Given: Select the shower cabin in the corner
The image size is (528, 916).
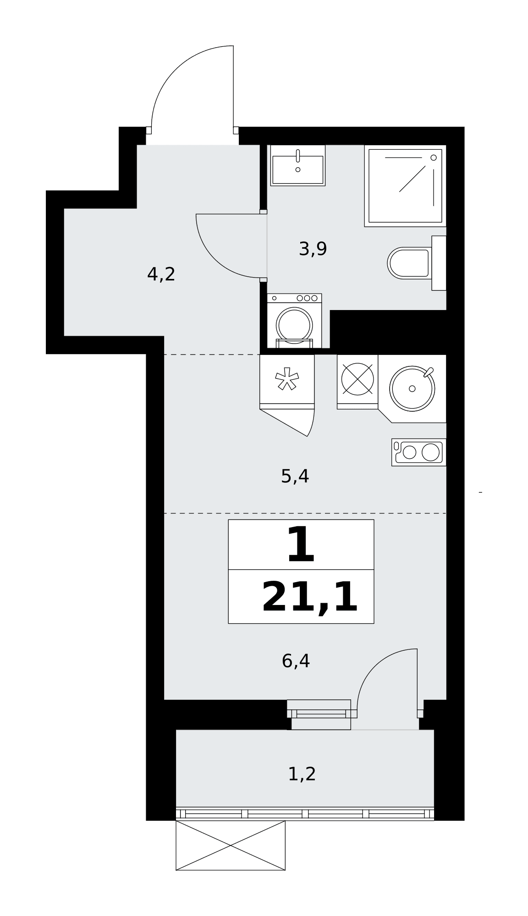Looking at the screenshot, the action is tap(405, 185).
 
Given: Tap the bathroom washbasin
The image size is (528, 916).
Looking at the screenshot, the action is tap(298, 165).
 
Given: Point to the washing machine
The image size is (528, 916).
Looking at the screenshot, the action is tap(294, 321).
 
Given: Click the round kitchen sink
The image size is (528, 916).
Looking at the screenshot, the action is tap(412, 388).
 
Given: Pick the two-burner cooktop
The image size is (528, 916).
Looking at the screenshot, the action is tap(419, 453).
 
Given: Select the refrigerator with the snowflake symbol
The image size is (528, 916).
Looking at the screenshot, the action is tap(287, 382).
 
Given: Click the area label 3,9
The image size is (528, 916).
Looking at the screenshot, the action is tap(313, 249).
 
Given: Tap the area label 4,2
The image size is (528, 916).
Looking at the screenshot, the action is tap(161, 274).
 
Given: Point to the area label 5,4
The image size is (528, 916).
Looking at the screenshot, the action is tap(295, 477).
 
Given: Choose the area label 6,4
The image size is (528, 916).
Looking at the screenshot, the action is tap(296, 661).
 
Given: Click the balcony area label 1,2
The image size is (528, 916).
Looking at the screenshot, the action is tap(302, 774).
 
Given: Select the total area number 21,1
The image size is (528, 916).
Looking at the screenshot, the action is tap(310, 597).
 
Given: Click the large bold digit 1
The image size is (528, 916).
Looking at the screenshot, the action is tap(301, 545).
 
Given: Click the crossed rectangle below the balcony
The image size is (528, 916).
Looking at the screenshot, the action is tap(231, 845).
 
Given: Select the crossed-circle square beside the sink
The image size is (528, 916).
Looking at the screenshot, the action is tap(357, 379).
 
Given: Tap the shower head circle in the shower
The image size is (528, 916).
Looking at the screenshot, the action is tap(434, 158).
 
